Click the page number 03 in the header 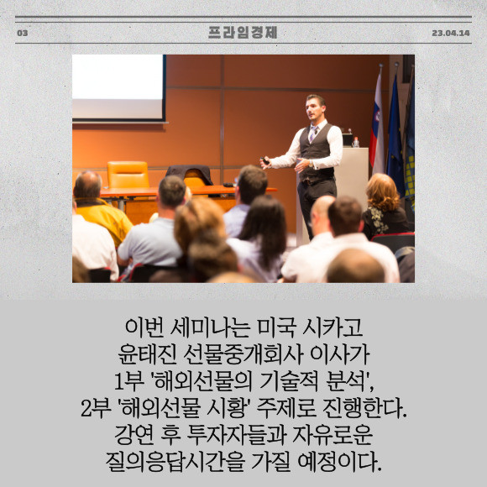click(x=23, y=33)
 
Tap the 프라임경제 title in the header click(x=243, y=32)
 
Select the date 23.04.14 click(x=451, y=33)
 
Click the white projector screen click(x=118, y=87)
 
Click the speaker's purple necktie click(x=312, y=134)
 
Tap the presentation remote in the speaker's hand click(x=265, y=160)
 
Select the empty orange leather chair click(x=128, y=175)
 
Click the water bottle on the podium click(x=356, y=142)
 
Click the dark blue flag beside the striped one click(x=395, y=137)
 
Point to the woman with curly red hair click(x=385, y=205)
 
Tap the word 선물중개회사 click(x=243, y=354)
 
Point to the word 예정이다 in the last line click(x=339, y=462)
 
